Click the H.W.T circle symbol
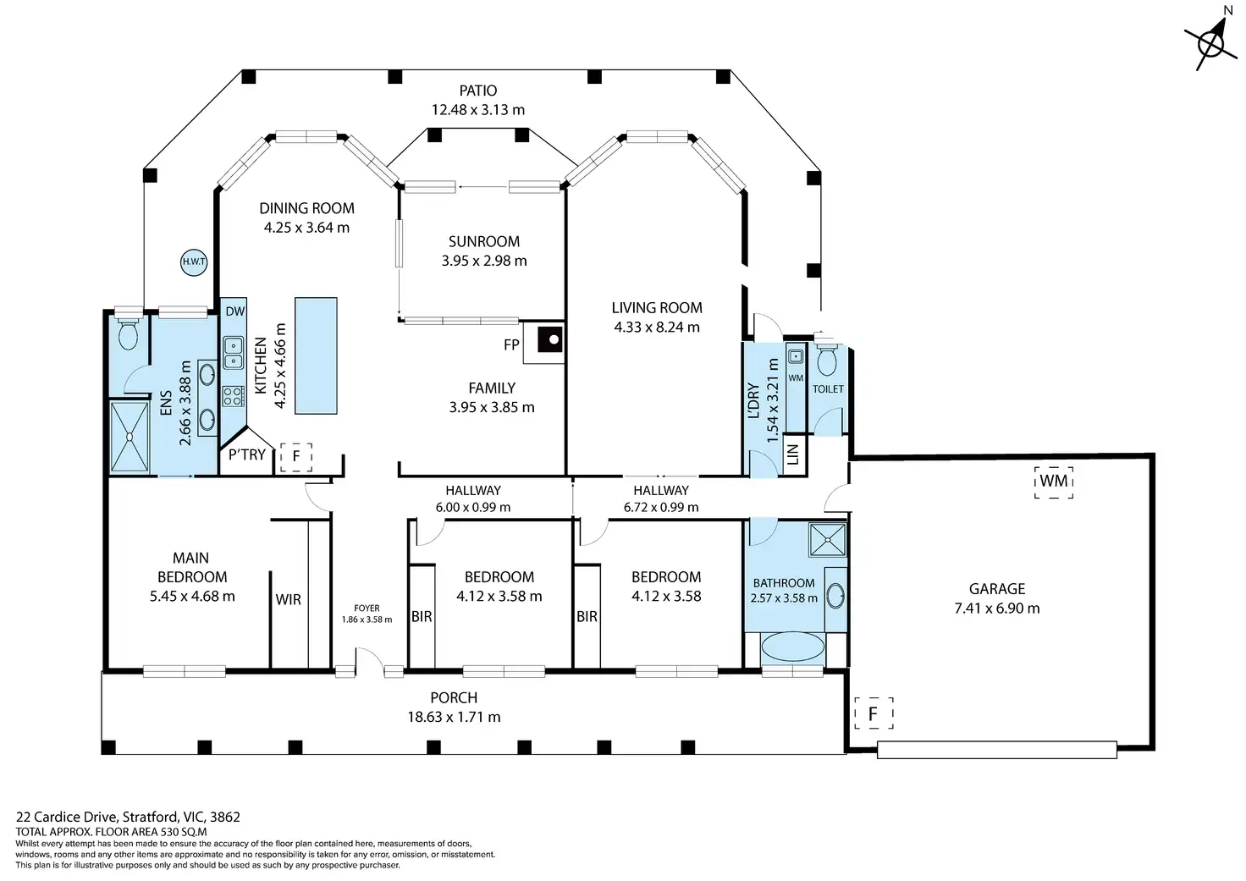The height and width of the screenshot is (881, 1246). pos(194,262)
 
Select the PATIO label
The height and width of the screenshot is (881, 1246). pos(477,90)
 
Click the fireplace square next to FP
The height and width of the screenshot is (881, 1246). pos(550,339)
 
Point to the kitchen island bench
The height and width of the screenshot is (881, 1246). pos(316,356)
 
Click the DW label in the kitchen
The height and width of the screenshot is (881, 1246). pos(234,311)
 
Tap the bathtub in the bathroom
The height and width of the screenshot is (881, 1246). pos(792,647)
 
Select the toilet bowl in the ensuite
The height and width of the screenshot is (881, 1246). pos(128,332)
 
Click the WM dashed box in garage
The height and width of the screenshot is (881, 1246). pos(1054,482)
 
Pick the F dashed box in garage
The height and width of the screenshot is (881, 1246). pos(874,713)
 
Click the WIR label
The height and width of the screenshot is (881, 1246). pos(288,599)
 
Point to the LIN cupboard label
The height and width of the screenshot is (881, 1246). pos(794,454)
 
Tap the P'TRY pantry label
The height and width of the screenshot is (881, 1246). pos(246,455)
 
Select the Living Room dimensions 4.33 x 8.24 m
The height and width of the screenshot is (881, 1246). pos(656,327)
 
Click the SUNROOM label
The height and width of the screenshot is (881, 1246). pos(484,241)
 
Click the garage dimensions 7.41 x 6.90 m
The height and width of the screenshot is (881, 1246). pos(997,608)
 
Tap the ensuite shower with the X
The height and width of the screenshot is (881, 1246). pos(130,437)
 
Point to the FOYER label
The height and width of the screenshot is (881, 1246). pos(367,608)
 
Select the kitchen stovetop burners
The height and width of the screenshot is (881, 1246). pos(234,397)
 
